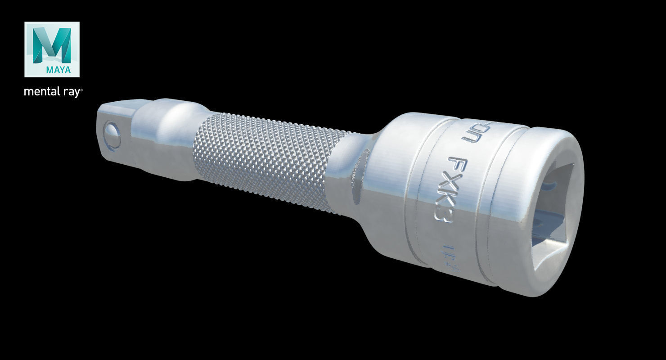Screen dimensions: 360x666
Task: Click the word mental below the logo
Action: point(41,92)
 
